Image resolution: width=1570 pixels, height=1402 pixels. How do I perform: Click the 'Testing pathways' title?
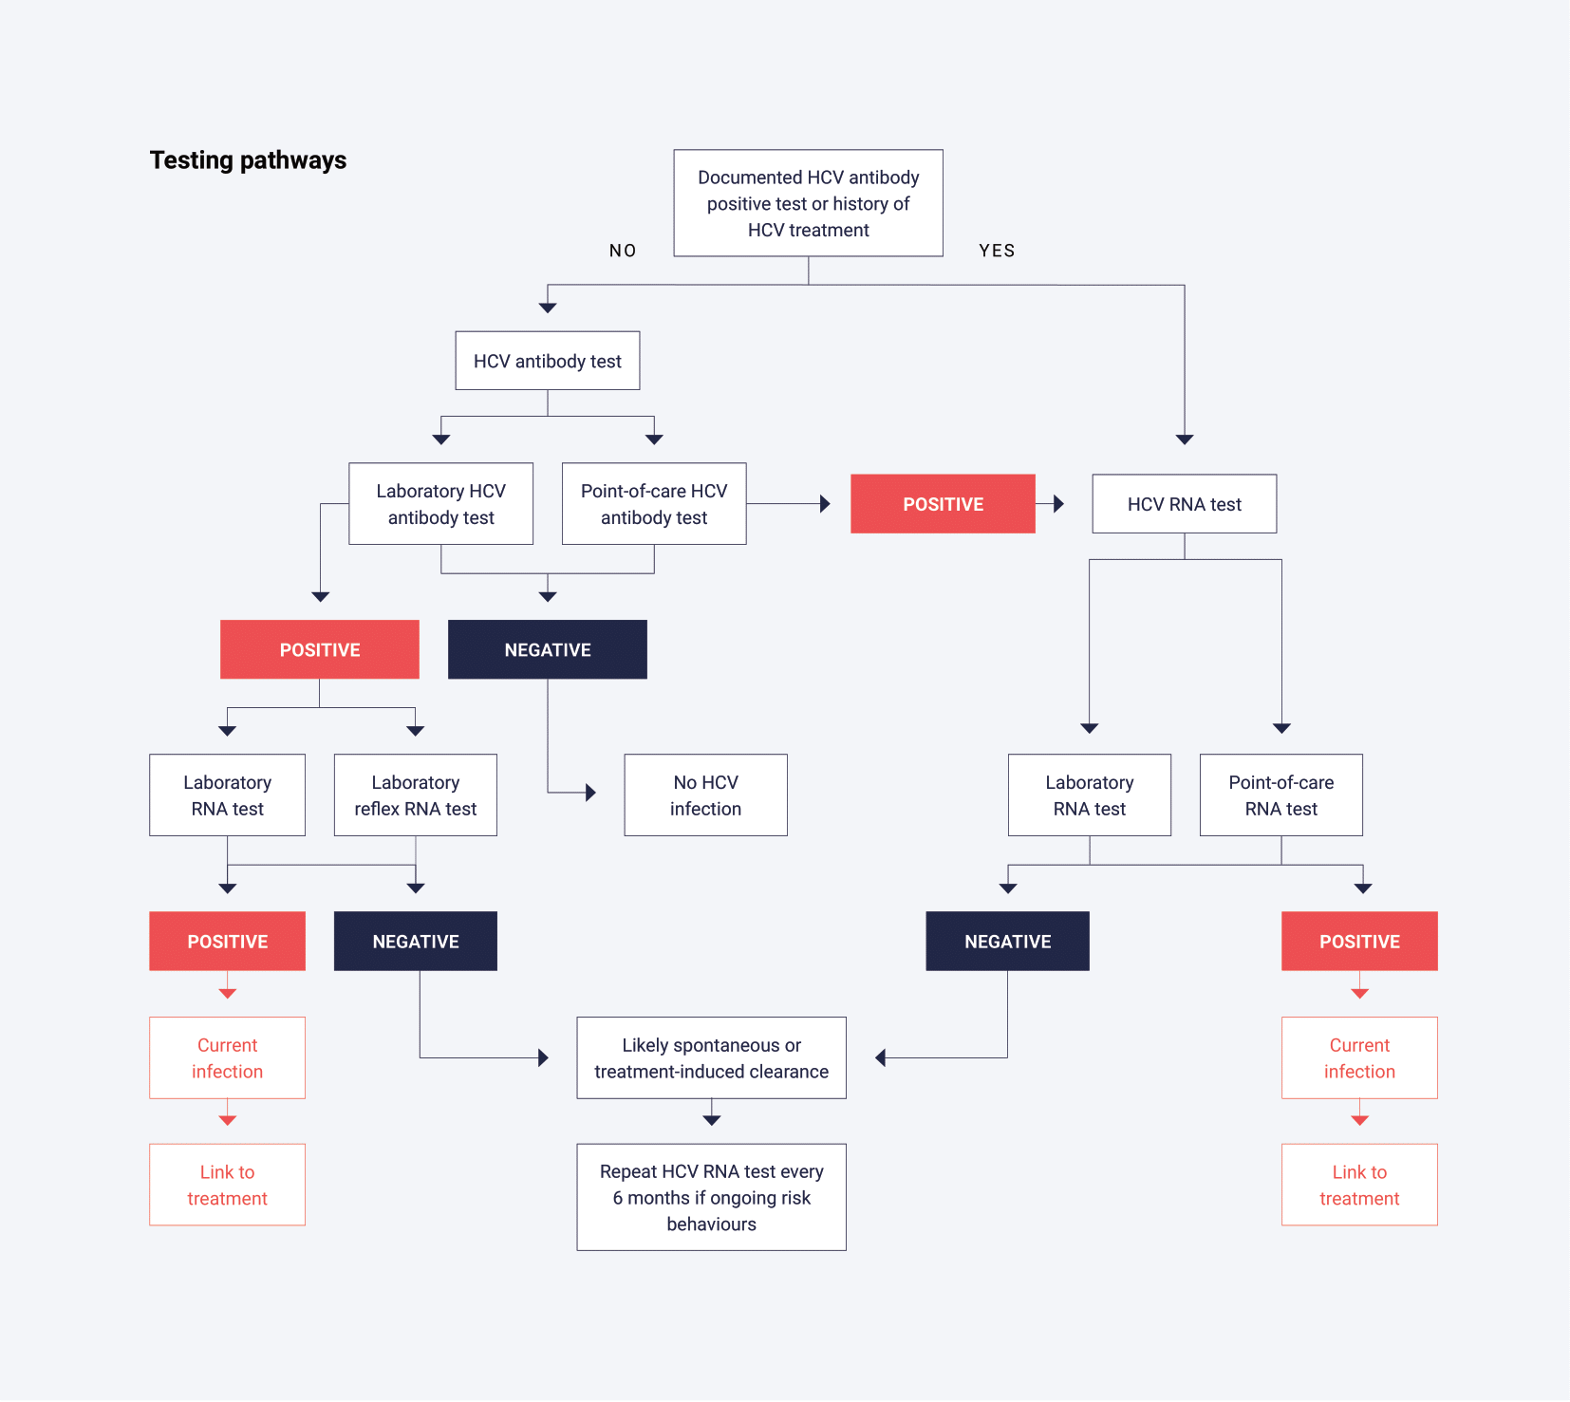[x=248, y=160]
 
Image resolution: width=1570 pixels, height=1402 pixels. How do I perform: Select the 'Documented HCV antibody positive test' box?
[x=809, y=203]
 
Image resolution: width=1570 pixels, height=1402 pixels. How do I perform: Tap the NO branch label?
[x=623, y=251]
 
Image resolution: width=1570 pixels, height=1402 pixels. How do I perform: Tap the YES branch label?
[x=997, y=251]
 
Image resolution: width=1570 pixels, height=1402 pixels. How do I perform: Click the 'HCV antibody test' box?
[x=548, y=361]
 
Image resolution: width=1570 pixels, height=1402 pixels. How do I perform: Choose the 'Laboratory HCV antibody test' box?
[x=441, y=504]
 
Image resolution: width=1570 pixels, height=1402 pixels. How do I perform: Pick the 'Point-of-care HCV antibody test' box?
[x=654, y=504]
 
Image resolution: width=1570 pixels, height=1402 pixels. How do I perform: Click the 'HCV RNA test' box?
[x=1185, y=504]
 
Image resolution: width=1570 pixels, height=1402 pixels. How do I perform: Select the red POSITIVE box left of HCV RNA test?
[x=943, y=504]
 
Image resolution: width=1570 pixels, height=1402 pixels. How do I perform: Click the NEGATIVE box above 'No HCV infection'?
[x=548, y=649]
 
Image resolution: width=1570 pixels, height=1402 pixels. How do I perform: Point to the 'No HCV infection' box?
[x=705, y=795]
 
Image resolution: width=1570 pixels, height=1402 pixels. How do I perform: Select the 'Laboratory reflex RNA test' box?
[x=416, y=795]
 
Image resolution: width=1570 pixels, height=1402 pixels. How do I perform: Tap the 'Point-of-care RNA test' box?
[x=1281, y=795]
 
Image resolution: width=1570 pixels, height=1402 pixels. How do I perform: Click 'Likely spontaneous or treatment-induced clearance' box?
[x=712, y=1058]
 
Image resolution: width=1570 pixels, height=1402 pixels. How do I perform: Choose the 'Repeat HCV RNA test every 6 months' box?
[x=712, y=1197]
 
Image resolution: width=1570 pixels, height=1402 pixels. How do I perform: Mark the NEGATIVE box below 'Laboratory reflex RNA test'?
[x=416, y=942]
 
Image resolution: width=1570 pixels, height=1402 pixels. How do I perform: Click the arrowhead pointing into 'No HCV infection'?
[x=591, y=793]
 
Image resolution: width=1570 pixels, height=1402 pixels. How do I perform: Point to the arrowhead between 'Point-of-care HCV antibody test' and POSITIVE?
[x=825, y=504]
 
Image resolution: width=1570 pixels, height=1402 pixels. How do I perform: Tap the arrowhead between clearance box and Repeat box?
[x=712, y=1121]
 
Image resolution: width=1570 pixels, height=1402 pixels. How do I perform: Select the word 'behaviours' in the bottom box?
[x=712, y=1224]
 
